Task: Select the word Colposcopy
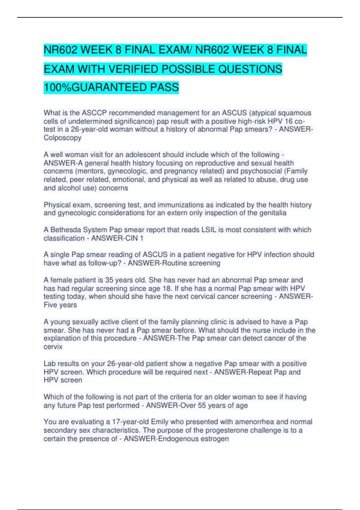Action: (x=62, y=138)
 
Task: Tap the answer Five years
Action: (x=60, y=305)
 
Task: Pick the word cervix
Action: (x=53, y=347)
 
